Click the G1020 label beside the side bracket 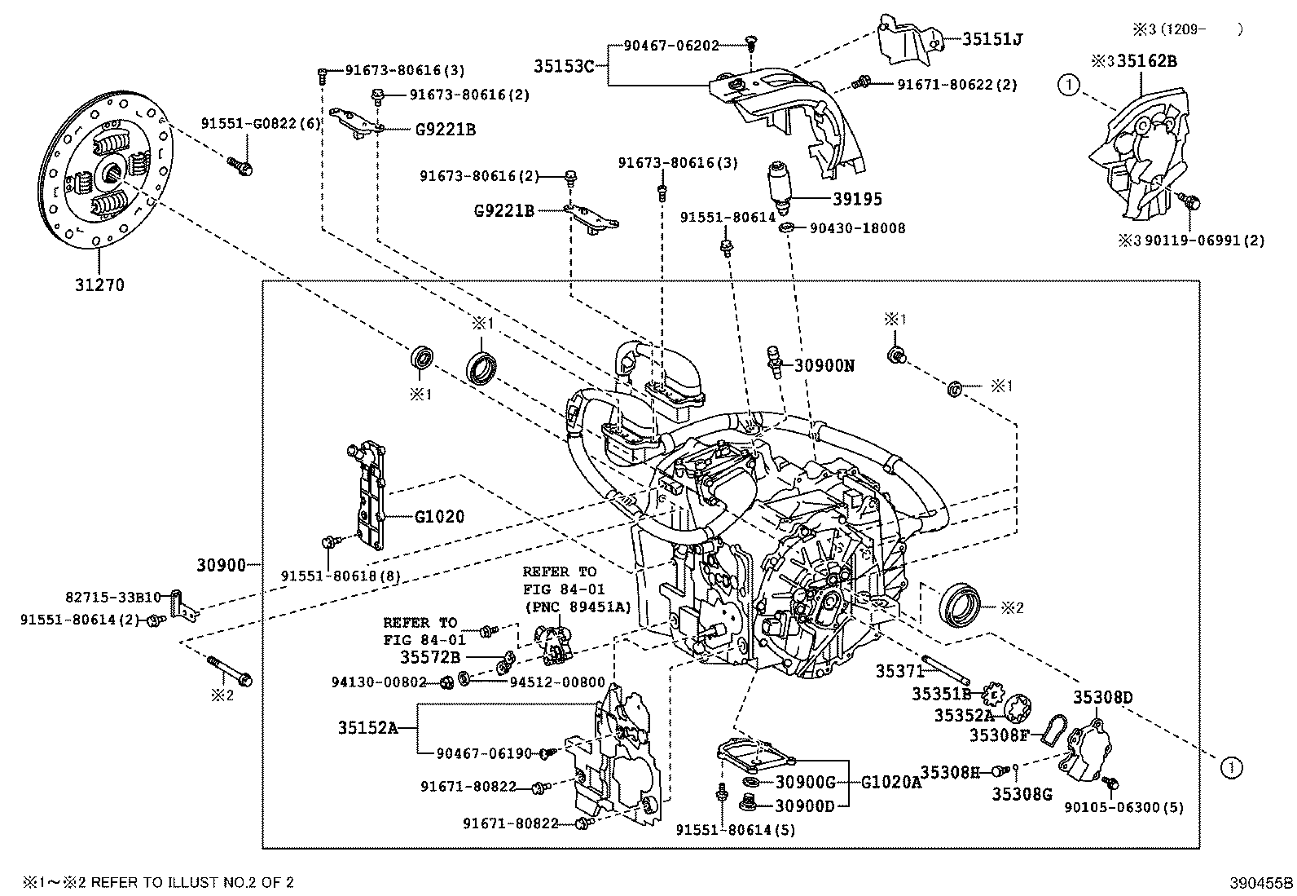coord(439,517)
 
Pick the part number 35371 coord(899,670)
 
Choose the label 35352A coord(963,715)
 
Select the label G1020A coord(892,782)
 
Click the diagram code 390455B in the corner coord(1261,882)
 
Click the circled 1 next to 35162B coord(1068,82)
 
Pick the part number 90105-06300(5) coord(1123,807)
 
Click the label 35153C coord(565,65)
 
